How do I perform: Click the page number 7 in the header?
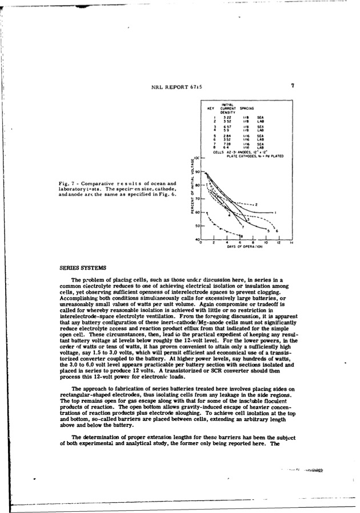pyautogui.click(x=292, y=86)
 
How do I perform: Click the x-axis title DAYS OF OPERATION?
pyautogui.click(x=244, y=247)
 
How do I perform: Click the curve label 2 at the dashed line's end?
pyautogui.click(x=257, y=205)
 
